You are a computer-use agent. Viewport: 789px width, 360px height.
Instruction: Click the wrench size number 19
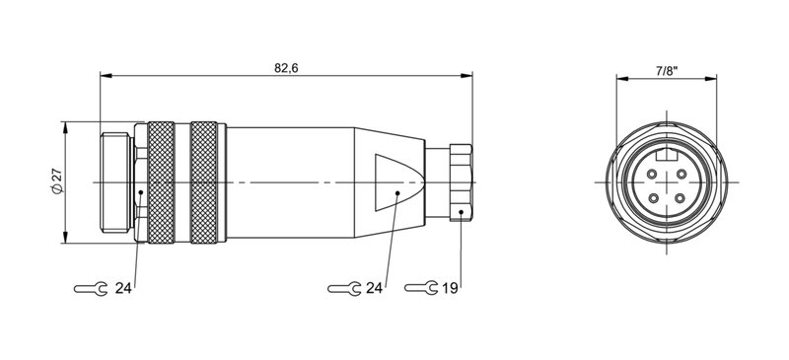pyautogui.click(x=450, y=288)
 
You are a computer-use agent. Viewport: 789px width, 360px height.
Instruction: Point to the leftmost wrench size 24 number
pyautogui.click(x=122, y=288)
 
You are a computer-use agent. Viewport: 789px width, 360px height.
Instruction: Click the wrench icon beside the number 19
pyautogui.click(x=420, y=288)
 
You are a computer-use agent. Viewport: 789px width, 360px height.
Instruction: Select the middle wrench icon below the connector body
pyautogui.click(x=343, y=288)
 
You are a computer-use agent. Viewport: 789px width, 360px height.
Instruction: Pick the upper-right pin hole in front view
pyautogui.click(x=681, y=174)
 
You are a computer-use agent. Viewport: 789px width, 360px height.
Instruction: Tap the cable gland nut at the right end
pyautogui.click(x=460, y=182)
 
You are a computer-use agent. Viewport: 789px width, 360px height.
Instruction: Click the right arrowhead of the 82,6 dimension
pyautogui.click(x=466, y=74)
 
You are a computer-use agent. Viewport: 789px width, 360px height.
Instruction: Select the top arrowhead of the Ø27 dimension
pyautogui.click(x=67, y=126)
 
